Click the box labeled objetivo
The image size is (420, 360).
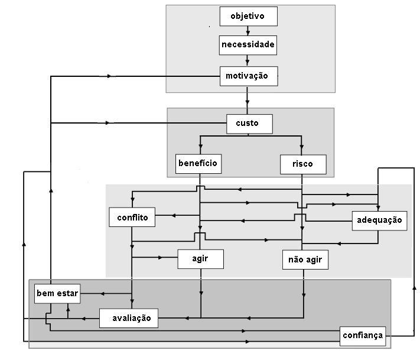point(248,16)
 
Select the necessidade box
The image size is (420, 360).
point(248,44)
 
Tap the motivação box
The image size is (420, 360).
point(248,76)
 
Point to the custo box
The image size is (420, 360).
point(250,124)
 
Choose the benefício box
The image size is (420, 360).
point(198,163)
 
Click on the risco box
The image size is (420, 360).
point(302,164)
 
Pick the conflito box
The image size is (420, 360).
point(132,217)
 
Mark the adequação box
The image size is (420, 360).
point(379,220)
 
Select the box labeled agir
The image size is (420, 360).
point(201,258)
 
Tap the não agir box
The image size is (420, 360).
point(304,259)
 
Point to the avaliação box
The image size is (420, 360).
point(128,318)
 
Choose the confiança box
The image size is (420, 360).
point(363,335)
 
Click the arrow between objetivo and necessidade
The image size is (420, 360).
point(248,31)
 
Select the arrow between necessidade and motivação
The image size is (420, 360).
point(248,61)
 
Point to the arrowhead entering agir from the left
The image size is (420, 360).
point(159,258)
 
